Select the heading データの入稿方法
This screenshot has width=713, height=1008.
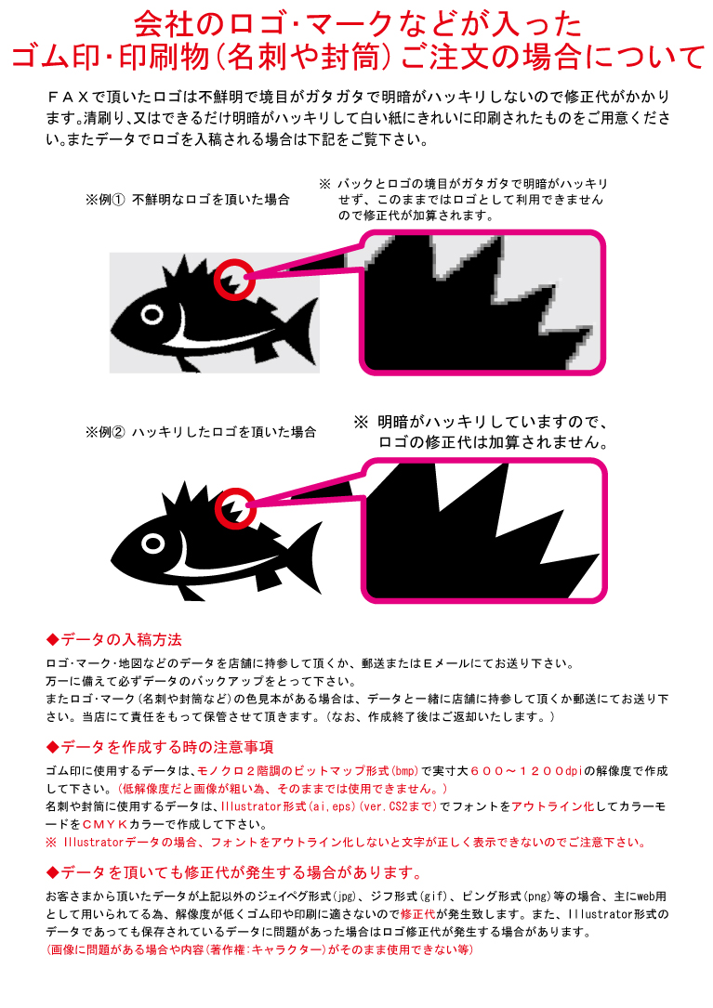(121, 640)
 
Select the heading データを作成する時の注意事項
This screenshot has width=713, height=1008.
(166, 747)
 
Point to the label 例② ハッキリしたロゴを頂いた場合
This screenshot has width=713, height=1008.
(200, 432)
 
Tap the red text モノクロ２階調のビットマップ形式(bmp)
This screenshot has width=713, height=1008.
(307, 771)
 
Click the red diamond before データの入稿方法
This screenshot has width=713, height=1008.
(52, 640)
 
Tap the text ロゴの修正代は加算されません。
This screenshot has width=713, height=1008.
(493, 442)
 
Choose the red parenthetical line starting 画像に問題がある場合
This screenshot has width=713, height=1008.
(259, 950)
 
